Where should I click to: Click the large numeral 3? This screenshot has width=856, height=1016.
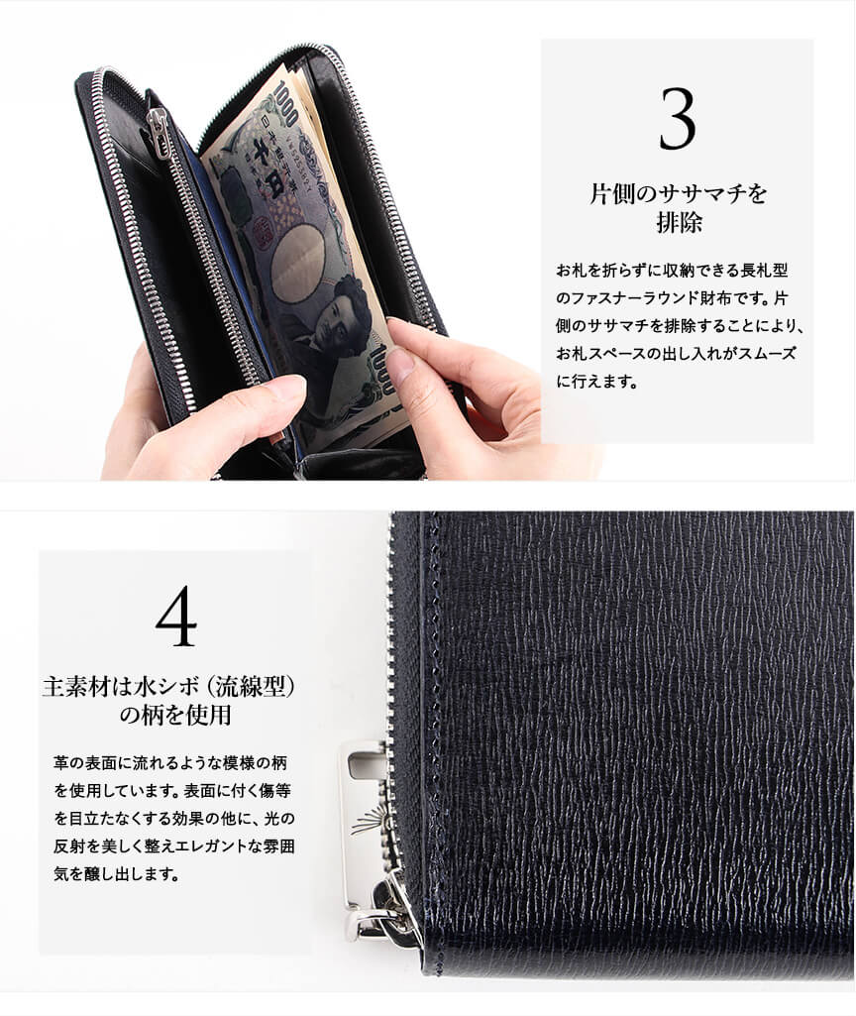click(678, 119)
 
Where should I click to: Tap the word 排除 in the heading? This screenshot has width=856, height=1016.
click(679, 222)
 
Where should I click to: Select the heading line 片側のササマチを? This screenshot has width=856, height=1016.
click(678, 193)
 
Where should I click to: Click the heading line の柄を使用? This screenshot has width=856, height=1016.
click(175, 715)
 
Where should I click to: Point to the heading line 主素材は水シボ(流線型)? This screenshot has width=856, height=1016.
click(169, 686)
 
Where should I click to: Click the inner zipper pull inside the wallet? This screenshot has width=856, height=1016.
click(158, 129)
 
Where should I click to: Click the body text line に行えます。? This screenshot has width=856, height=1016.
click(597, 382)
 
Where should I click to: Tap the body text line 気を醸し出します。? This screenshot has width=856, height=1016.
click(117, 874)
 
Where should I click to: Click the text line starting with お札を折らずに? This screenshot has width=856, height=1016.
click(672, 271)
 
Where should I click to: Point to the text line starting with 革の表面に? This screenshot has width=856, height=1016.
click(170, 762)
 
